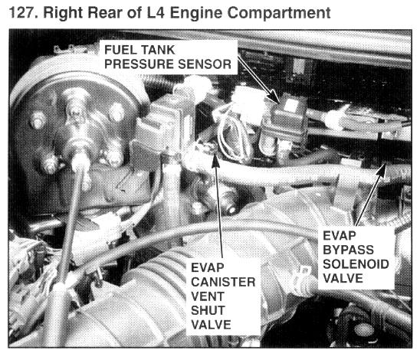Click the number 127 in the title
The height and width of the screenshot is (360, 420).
(x=21, y=12)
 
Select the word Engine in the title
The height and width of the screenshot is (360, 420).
(x=196, y=13)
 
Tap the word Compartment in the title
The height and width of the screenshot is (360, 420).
(x=279, y=13)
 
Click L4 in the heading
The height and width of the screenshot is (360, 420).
(x=156, y=12)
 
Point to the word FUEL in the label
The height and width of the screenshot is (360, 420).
(x=120, y=50)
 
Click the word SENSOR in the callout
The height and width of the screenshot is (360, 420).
(x=205, y=64)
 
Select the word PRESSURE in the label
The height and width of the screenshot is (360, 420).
(x=139, y=64)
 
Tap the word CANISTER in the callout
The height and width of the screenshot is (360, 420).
(x=223, y=282)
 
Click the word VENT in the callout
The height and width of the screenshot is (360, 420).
(x=208, y=296)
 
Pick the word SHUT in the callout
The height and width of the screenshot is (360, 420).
(x=208, y=310)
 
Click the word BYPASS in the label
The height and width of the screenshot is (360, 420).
(x=348, y=250)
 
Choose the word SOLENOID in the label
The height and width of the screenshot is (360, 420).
(x=356, y=264)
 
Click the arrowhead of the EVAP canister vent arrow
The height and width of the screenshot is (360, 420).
(x=215, y=160)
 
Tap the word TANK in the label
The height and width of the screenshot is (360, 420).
(x=158, y=50)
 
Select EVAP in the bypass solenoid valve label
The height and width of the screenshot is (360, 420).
(x=340, y=236)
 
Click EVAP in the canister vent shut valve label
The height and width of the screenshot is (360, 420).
(x=208, y=267)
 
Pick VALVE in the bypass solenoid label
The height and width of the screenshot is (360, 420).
(x=343, y=278)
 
